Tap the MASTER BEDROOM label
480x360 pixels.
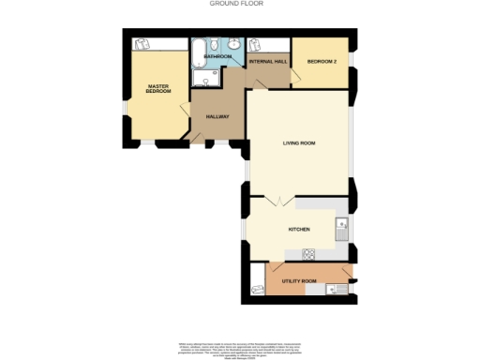tap(157, 90)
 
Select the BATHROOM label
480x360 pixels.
tap(218, 56)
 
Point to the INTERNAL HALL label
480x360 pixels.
tap(267, 61)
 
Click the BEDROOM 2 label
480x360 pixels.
tap(322, 62)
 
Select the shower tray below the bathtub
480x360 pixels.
tap(206, 78)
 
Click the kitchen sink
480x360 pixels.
tap(342, 225)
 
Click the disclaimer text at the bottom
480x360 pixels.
tap(239, 348)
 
